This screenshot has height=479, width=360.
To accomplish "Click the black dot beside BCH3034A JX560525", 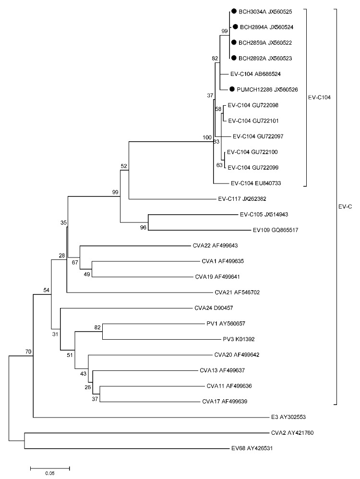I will click(x=233, y=12).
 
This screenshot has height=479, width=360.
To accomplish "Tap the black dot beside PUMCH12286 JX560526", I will click(x=232, y=89).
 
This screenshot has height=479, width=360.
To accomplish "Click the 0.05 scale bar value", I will click(x=50, y=473).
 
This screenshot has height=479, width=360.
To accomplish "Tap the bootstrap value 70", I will click(x=28, y=352).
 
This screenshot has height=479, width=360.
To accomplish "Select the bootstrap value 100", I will click(x=207, y=138).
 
